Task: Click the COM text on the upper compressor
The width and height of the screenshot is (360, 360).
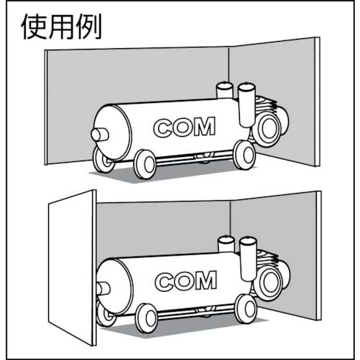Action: click(x=184, y=127)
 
